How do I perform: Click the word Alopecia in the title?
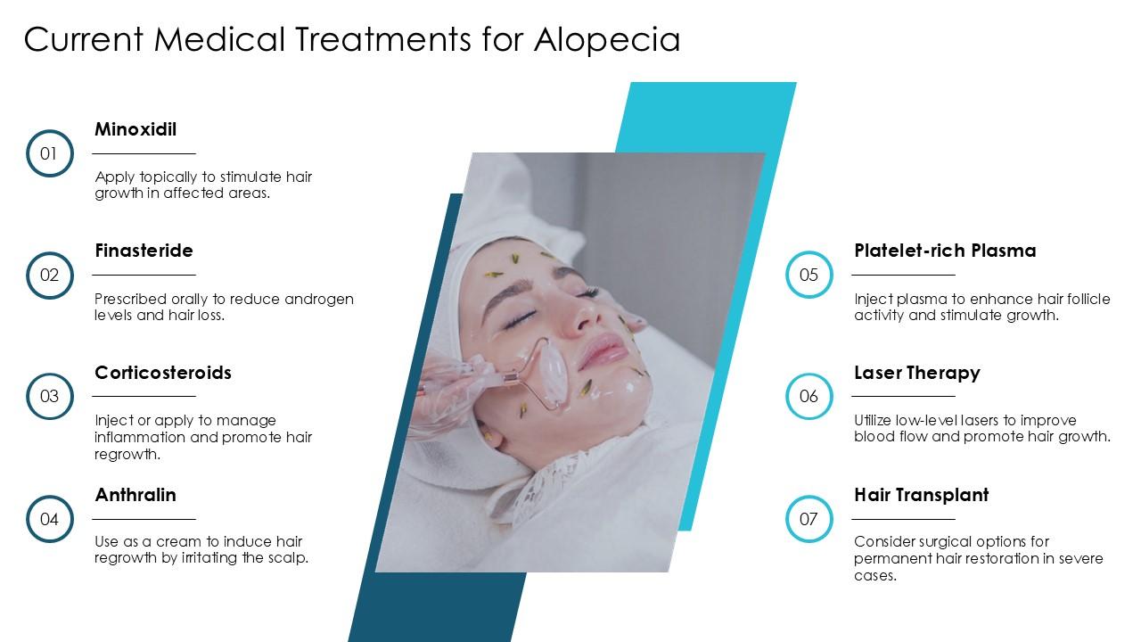click(x=607, y=39)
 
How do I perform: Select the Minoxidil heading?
click(x=135, y=129)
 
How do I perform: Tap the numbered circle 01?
click(x=49, y=153)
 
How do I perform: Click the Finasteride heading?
click(x=144, y=251)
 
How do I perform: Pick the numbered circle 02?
click(x=49, y=275)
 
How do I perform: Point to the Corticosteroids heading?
click(x=163, y=373)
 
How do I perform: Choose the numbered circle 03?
click(x=49, y=396)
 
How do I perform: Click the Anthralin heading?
click(x=135, y=495)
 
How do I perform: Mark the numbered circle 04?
click(x=49, y=518)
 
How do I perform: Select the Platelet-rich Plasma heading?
click(x=945, y=251)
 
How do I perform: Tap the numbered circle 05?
click(x=809, y=275)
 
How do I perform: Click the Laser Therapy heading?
click(x=916, y=373)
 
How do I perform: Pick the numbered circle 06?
click(x=809, y=396)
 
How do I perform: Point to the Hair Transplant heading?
click(x=921, y=495)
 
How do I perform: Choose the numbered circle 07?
click(x=809, y=518)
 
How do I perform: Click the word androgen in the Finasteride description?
click(x=317, y=299)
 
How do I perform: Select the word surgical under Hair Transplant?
click(x=955, y=541)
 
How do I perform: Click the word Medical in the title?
click(x=222, y=39)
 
